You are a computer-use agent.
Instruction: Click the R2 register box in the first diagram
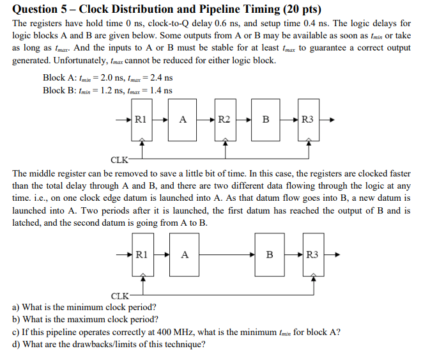[224, 119]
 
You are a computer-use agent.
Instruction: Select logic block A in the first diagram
[183, 119]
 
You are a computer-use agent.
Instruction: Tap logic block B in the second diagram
[269, 254]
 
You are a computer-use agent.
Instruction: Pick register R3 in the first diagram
[308, 119]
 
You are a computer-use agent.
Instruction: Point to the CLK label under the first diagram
[119, 160]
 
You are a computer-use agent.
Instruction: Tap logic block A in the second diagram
[185, 254]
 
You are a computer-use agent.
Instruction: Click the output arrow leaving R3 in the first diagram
[328, 119]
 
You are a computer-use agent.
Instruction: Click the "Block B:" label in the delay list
[59, 90]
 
